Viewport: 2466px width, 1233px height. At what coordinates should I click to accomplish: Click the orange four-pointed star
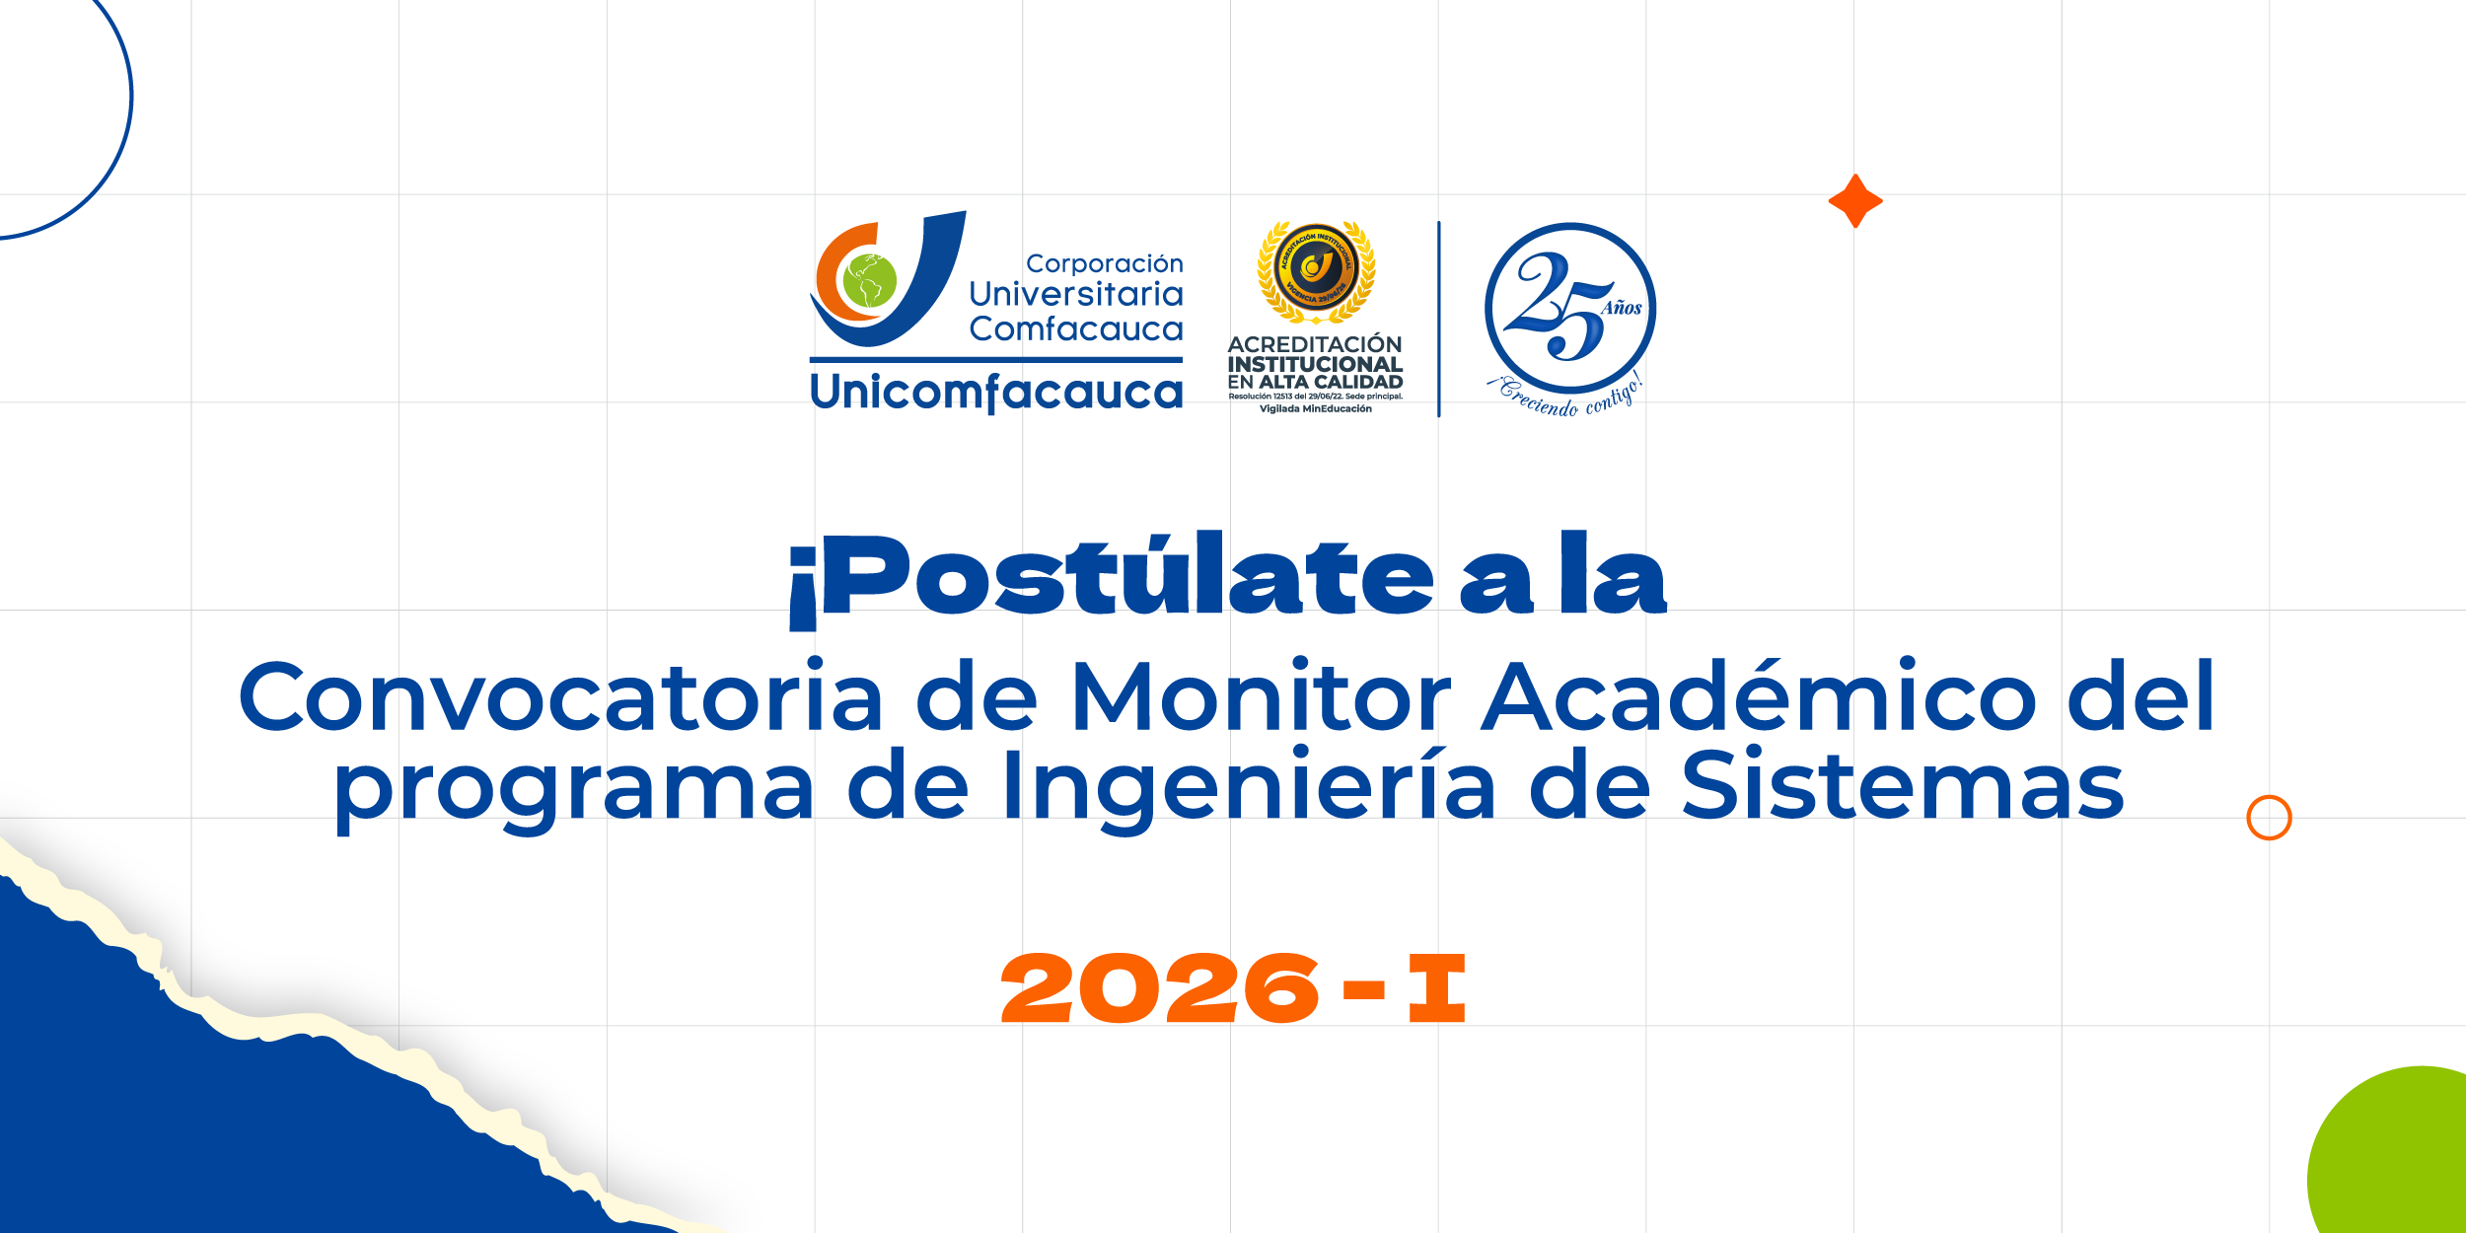point(1855,201)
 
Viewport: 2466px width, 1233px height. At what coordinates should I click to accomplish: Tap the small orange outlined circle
point(2269,818)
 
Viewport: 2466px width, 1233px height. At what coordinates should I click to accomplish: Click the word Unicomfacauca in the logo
point(996,393)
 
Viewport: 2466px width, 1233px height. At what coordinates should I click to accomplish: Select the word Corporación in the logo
point(1104,264)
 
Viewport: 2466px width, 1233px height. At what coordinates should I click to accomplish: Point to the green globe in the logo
point(869,280)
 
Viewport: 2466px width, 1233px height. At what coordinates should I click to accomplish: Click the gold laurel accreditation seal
point(1316,271)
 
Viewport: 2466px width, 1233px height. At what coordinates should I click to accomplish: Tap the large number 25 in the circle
point(1559,306)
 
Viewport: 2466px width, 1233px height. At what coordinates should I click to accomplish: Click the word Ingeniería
point(1249,788)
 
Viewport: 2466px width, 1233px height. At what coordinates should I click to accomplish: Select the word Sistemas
point(1903,786)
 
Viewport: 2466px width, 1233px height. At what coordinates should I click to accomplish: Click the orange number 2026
point(1160,988)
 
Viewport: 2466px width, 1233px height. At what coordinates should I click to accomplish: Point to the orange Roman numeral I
point(1436,988)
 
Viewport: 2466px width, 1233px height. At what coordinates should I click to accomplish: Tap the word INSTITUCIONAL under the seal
point(1315,364)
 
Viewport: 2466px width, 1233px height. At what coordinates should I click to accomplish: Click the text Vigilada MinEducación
point(1315,409)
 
